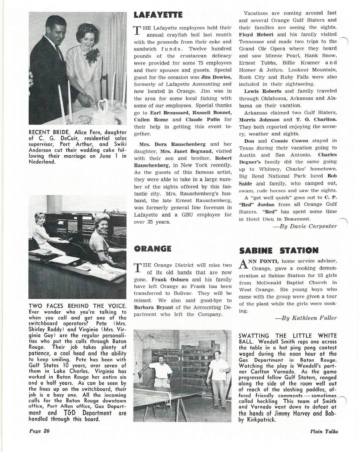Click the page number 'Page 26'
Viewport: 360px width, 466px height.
coord(39,431)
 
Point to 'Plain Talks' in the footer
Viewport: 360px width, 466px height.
coord(324,431)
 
